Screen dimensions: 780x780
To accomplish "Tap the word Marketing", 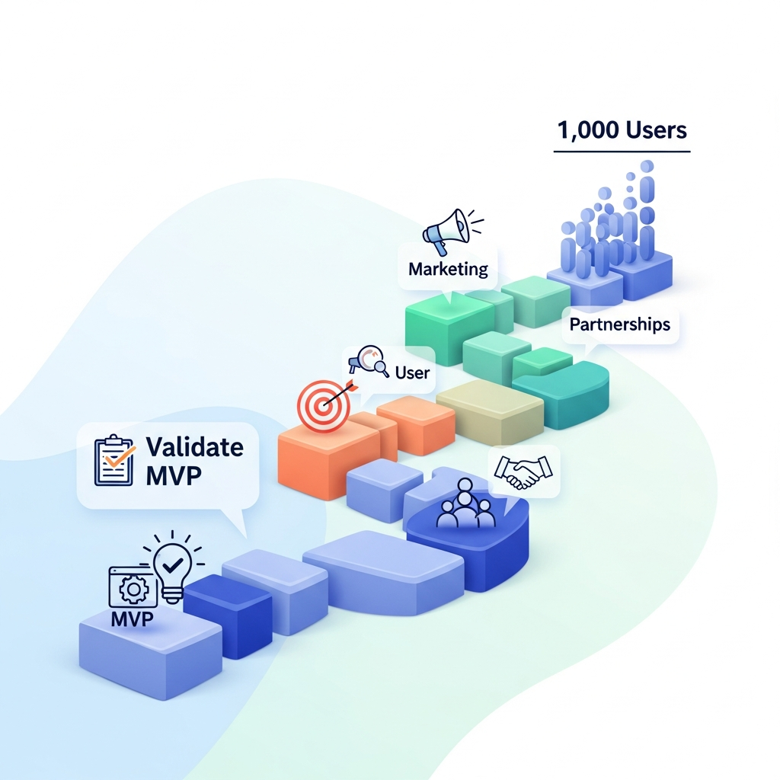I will (448, 269).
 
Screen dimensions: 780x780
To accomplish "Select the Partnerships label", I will (620, 324).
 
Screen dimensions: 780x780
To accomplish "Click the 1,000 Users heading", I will (622, 129).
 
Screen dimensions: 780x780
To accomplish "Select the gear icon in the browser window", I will (135, 590).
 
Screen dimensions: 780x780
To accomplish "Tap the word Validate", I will (195, 446).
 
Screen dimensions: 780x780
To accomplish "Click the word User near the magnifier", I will (412, 372).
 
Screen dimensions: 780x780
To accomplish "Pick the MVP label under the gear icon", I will (132, 619).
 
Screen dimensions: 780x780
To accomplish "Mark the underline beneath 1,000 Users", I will (622, 152).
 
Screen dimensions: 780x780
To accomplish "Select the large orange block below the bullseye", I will (320, 461).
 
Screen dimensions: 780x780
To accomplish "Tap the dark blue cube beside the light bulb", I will (228, 613).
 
